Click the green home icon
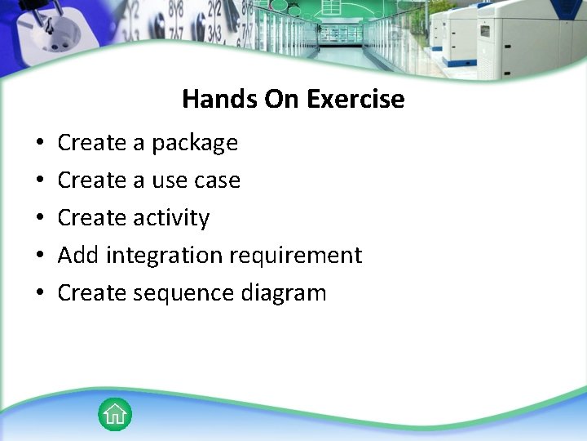(x=115, y=414)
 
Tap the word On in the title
(x=282, y=99)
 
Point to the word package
(x=195, y=143)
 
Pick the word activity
(x=171, y=218)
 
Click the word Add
(x=78, y=256)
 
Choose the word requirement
(x=295, y=256)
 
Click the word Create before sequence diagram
(x=91, y=293)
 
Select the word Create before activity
(x=91, y=218)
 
